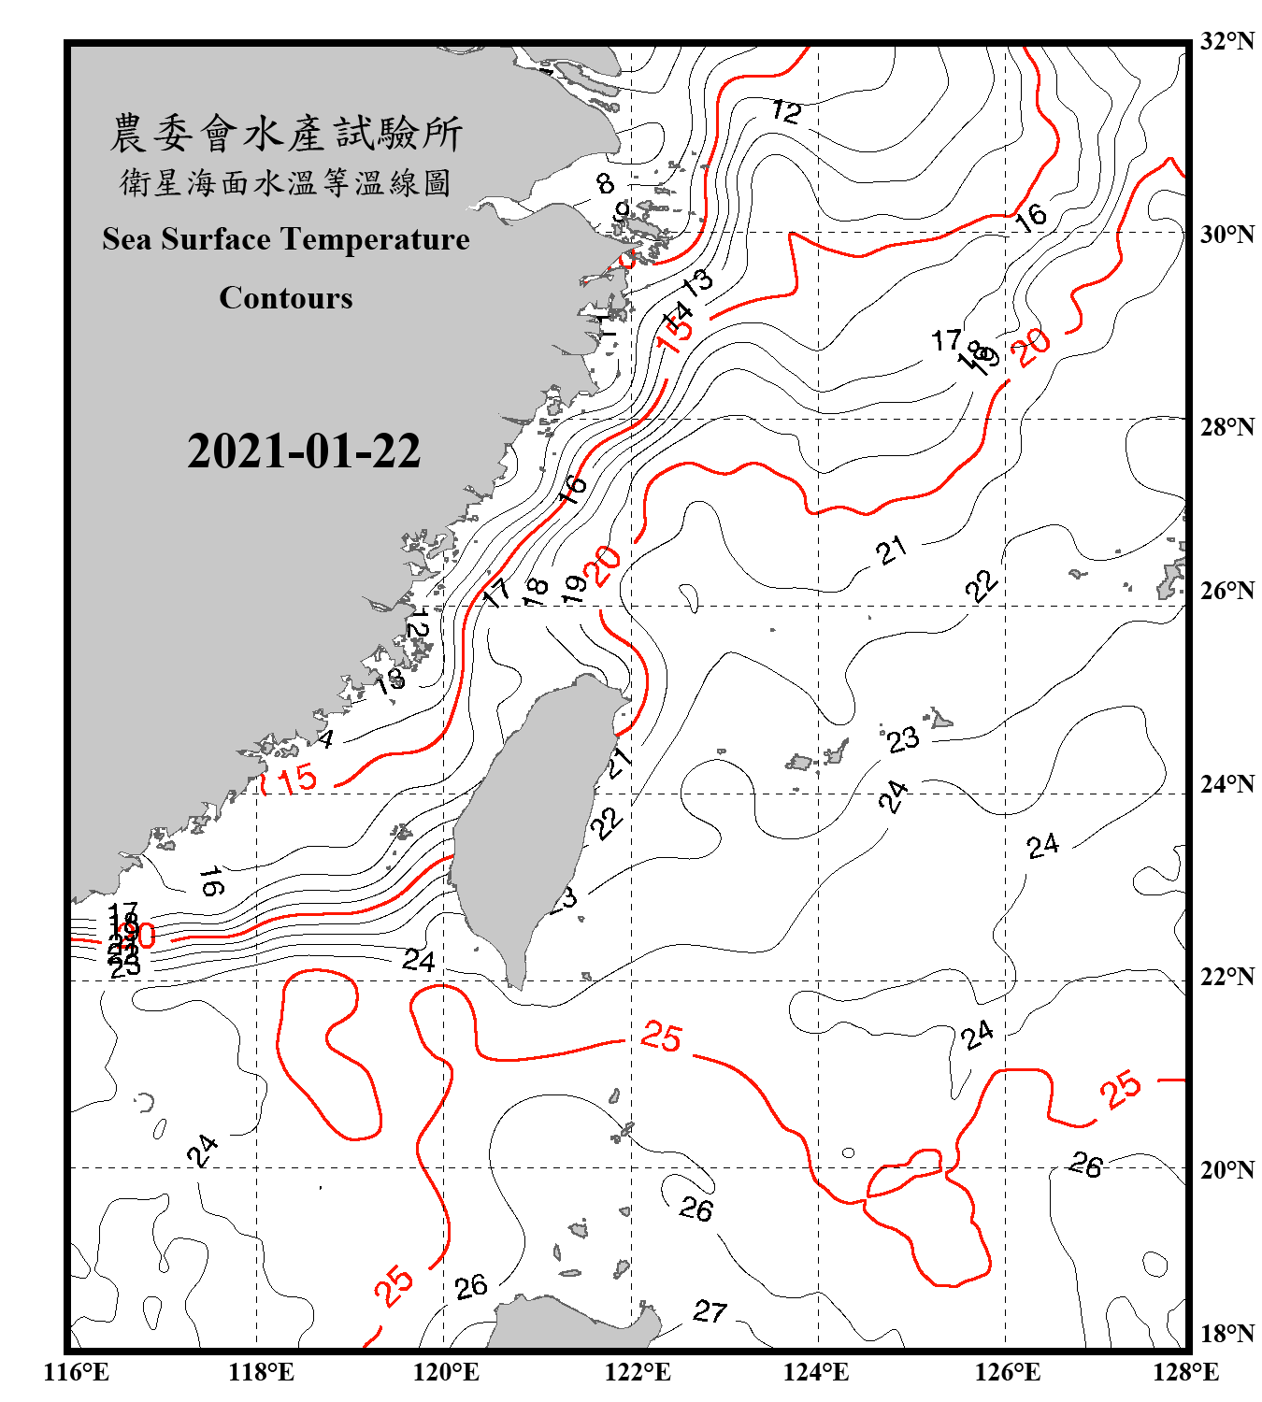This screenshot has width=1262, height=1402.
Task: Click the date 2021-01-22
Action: pyautogui.click(x=304, y=451)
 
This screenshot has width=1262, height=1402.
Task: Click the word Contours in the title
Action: pyautogui.click(x=286, y=298)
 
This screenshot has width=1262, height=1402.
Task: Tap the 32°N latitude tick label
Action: pyautogui.click(x=1226, y=41)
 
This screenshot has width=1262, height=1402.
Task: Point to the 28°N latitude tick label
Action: pyautogui.click(x=1226, y=427)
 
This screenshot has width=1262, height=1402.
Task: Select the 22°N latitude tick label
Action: pyautogui.click(x=1226, y=977)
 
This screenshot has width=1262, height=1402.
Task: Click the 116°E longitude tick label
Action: pyautogui.click(x=77, y=1372)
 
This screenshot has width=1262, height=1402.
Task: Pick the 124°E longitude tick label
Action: pyautogui.click(x=816, y=1372)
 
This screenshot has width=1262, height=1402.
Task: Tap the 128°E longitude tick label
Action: pyautogui.click(x=1185, y=1372)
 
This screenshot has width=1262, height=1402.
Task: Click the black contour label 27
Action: pyautogui.click(x=710, y=1311)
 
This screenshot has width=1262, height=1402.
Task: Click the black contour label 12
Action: pyautogui.click(x=786, y=112)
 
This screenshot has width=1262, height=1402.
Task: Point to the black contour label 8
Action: pyautogui.click(x=606, y=183)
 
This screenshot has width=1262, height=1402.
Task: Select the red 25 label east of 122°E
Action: pyautogui.click(x=661, y=1037)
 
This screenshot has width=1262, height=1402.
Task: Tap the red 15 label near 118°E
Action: pyautogui.click(x=297, y=779)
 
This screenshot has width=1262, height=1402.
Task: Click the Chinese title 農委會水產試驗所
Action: pyautogui.click(x=286, y=134)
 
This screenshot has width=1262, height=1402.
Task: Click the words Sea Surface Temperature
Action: pyautogui.click(x=286, y=239)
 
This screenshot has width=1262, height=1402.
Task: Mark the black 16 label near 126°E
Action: pyautogui.click(x=1031, y=218)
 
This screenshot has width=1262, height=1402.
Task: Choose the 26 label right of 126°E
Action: pyautogui.click(x=1085, y=1165)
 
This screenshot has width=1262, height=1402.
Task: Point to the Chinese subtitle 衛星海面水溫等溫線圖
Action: pyautogui.click(x=286, y=183)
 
